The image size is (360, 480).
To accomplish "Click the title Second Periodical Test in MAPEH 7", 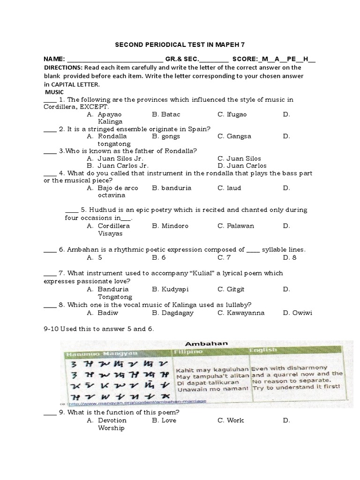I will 180,45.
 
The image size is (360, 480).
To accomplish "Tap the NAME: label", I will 54,60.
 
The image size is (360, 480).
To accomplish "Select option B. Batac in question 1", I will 166,114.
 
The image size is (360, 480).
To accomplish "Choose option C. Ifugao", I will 232,114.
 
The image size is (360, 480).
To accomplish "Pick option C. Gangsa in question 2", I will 234,136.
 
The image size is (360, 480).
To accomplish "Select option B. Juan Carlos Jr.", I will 118,165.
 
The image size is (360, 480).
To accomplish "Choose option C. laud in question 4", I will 229,188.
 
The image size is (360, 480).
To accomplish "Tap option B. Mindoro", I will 170,226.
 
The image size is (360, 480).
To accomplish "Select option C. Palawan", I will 236,226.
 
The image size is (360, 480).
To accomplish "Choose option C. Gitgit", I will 232,289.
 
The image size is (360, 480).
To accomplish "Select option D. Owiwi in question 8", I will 298,313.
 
